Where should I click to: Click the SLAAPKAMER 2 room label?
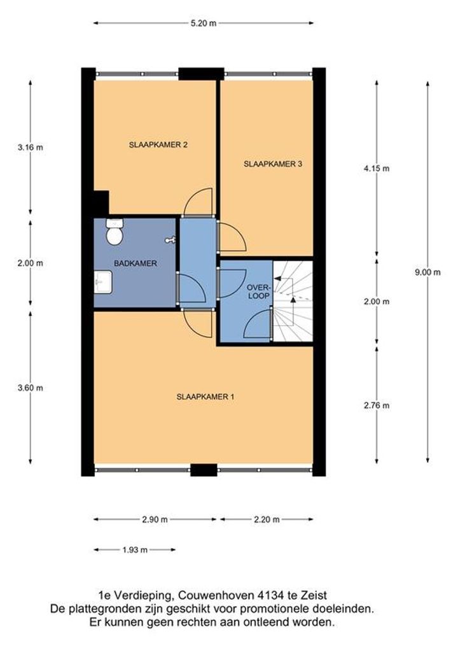point(158,145)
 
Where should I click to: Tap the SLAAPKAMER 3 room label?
point(272,164)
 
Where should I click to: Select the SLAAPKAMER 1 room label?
point(205,397)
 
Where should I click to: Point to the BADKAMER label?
point(135,264)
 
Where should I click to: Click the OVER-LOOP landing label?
point(258,292)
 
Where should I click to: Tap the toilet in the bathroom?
point(114,232)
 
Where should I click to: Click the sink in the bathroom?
point(103,282)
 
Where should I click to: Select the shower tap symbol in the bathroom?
point(170,240)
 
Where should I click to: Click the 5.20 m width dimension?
point(203,24)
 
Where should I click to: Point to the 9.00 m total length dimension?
point(427,272)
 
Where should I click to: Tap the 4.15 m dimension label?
point(376,169)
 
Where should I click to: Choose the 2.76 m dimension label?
point(376,406)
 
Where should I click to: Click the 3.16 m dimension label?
point(30,147)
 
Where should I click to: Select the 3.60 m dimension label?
point(30,388)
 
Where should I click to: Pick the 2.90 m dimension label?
point(155,520)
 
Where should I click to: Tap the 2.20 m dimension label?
point(267,520)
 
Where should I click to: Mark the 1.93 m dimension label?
point(135,550)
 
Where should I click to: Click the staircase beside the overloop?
point(293,301)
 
